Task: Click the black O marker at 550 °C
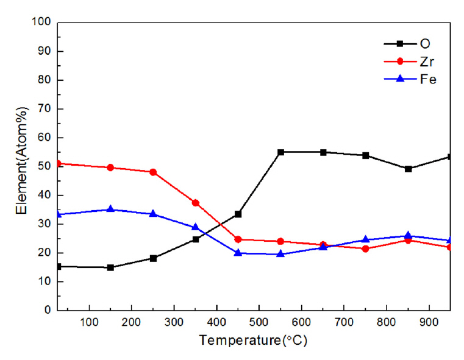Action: pos(280,152)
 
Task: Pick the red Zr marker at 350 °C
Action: pos(196,203)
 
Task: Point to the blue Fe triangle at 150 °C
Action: pos(110,209)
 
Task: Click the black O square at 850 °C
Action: pos(408,169)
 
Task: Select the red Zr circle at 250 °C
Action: pos(153,172)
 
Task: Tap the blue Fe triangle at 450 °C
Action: pos(238,253)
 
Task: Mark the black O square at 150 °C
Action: pos(110,267)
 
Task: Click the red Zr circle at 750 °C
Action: pos(365,249)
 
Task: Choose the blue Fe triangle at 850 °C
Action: pos(408,235)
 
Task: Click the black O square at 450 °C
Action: pos(238,214)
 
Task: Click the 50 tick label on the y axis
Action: pos(44,166)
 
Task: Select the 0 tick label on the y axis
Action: pos(47,310)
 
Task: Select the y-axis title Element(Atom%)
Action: pos(23,166)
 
